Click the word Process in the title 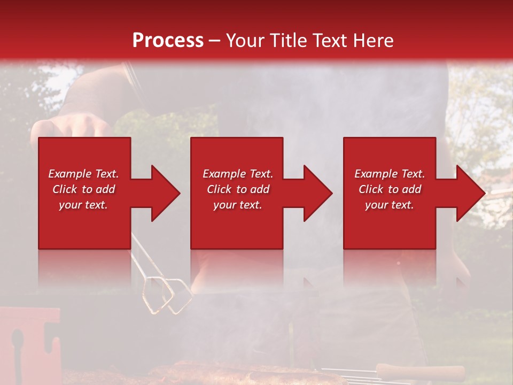pyautogui.click(x=168, y=41)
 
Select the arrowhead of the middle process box pyautogui.click(x=317, y=193)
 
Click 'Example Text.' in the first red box pyautogui.click(x=83, y=174)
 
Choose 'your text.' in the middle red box pyautogui.click(x=237, y=205)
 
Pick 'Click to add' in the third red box pyautogui.click(x=390, y=189)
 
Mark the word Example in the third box pyautogui.click(x=376, y=174)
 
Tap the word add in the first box pyautogui.click(x=105, y=189)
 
